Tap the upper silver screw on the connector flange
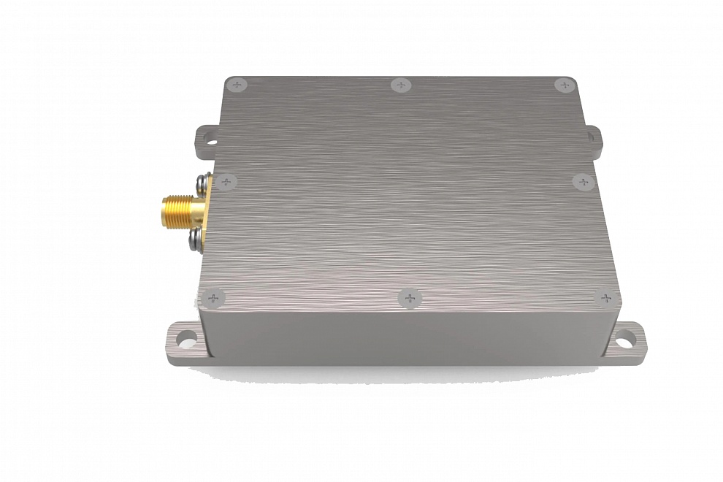[x=201, y=180]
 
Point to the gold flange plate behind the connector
[x=202, y=210]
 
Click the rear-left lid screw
[x=236, y=85]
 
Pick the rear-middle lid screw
[x=401, y=85]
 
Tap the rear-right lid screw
[x=565, y=85]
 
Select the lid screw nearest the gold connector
[x=226, y=181]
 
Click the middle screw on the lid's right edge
[x=584, y=182]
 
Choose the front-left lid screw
[x=213, y=298]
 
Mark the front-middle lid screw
[x=410, y=298]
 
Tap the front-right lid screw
[x=606, y=298]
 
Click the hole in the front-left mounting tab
[x=187, y=340]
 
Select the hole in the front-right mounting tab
[x=626, y=339]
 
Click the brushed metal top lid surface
[x=409, y=190]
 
